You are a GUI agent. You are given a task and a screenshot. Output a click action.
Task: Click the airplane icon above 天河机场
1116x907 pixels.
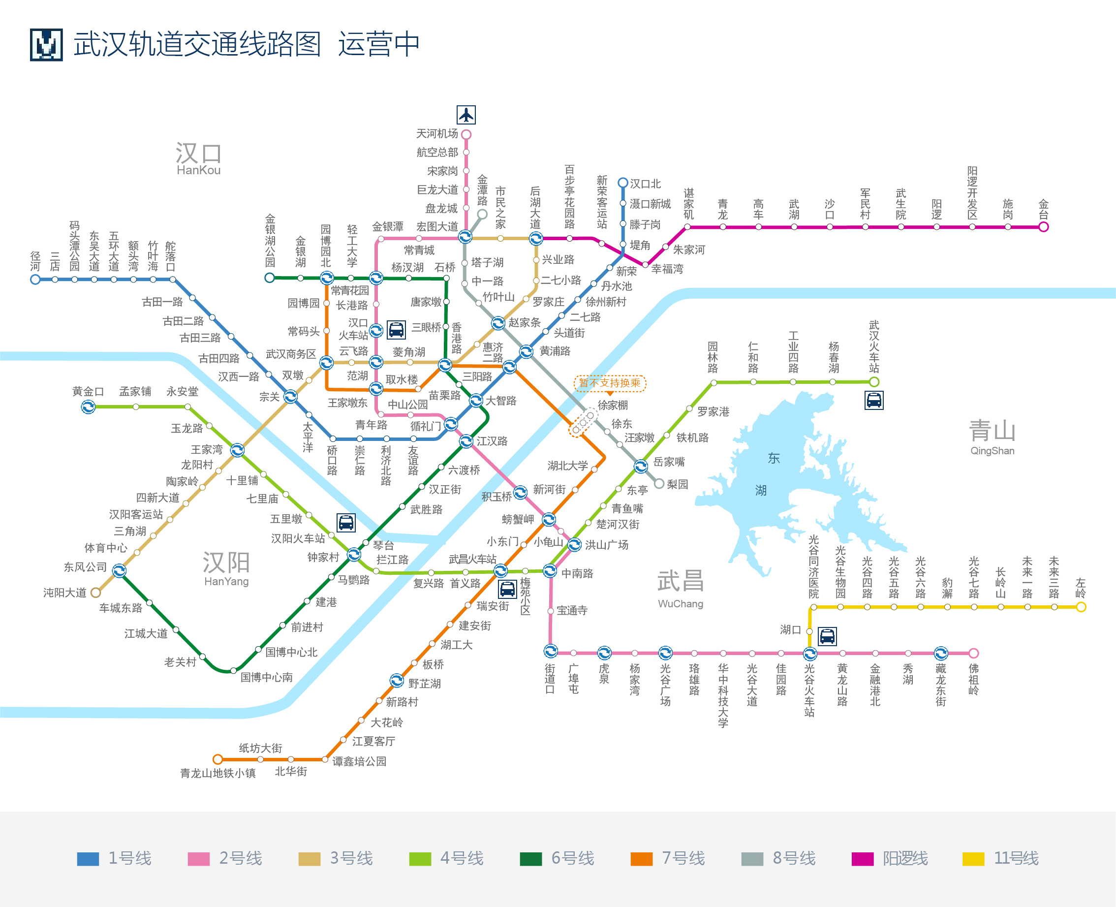pos(465,114)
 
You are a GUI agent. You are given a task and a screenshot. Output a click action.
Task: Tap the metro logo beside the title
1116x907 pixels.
pos(46,45)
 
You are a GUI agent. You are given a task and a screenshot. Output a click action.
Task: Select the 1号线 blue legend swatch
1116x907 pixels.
pos(88,859)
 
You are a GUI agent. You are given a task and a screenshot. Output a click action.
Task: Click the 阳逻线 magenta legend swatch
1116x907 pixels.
pos(862,859)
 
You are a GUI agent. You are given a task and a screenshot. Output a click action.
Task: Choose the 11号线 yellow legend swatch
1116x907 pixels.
pos(973,859)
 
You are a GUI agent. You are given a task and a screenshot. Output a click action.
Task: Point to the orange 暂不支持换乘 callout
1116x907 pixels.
pos(610,383)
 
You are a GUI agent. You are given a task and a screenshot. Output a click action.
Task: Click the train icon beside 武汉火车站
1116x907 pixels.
pos(873,401)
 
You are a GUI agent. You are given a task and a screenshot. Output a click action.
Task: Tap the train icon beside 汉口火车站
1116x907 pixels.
pos(396,330)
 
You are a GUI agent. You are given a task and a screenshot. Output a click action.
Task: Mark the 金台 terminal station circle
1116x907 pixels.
pos(1043,227)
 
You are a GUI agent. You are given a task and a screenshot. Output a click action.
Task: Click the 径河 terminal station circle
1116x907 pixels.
pos(35,280)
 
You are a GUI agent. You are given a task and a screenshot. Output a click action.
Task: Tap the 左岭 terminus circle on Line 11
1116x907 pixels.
pos(1081,607)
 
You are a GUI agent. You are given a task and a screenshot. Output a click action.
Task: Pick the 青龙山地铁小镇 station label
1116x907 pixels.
pos(218,773)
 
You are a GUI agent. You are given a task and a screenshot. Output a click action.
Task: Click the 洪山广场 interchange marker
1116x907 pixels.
pos(574,545)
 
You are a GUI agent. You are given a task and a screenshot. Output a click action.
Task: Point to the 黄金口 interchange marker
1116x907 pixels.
pos(88,407)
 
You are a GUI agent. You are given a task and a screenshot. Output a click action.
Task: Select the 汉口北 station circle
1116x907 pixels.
pos(622,183)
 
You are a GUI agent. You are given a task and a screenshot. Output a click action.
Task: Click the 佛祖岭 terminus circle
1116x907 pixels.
pos(973,653)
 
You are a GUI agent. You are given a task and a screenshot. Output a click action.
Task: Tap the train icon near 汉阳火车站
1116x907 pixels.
pos(346,523)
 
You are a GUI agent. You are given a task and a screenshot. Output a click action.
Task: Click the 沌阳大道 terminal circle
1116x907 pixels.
pos(95,593)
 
